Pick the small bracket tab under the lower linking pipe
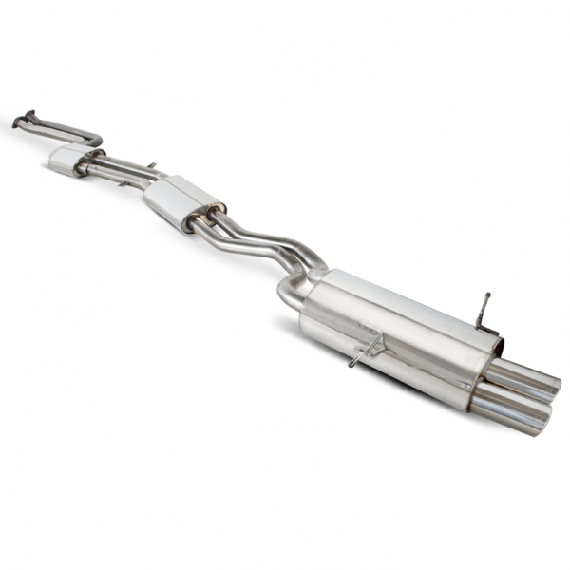coord(124,183)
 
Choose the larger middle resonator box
coord(180,201)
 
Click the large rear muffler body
coord(399,332)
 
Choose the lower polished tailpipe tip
coord(508,408)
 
